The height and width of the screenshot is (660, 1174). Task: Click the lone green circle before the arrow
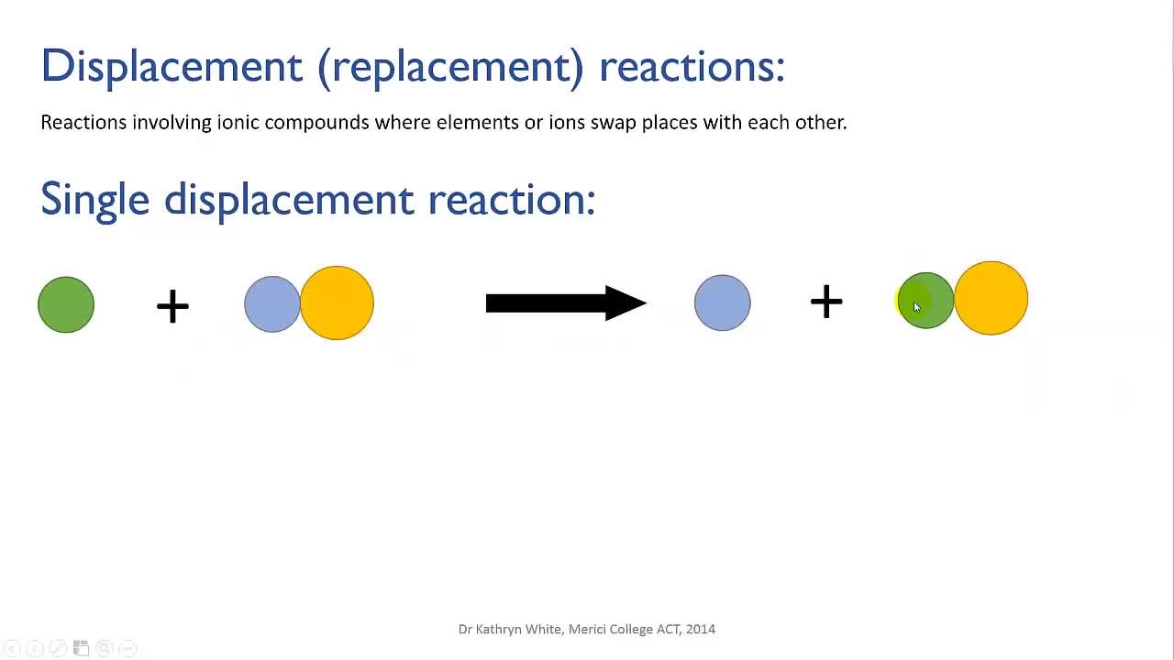(x=66, y=304)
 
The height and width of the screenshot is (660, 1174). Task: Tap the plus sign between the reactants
(x=172, y=306)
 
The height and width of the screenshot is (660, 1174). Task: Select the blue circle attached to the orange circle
(x=272, y=303)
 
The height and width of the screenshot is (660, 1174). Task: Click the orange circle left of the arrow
(x=337, y=302)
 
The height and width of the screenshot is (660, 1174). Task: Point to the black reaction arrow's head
(x=626, y=302)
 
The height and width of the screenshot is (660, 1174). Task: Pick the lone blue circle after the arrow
(x=722, y=302)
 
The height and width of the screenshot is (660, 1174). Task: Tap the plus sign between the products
(x=826, y=302)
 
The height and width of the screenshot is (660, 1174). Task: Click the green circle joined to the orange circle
(x=925, y=300)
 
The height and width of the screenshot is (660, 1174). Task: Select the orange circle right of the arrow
(x=991, y=298)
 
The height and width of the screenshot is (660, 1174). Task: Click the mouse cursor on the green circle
(x=916, y=307)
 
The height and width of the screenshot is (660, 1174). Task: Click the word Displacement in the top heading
(x=172, y=68)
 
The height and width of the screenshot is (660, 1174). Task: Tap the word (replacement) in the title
(x=450, y=68)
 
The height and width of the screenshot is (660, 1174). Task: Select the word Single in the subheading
(x=94, y=201)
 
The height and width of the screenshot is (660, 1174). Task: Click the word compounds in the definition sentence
(x=316, y=123)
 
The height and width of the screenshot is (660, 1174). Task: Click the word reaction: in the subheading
(x=512, y=201)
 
